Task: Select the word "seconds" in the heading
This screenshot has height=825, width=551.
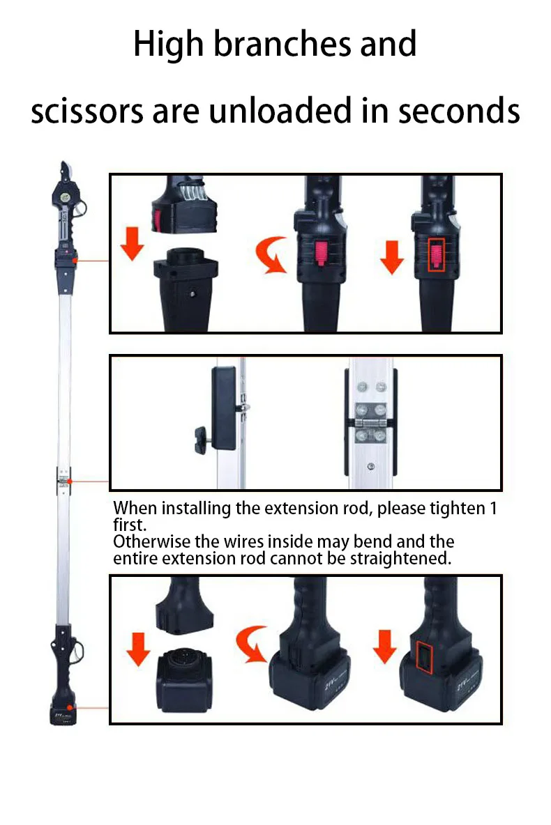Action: pyautogui.click(x=459, y=111)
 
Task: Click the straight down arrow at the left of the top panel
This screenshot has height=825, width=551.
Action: pyautogui.click(x=132, y=243)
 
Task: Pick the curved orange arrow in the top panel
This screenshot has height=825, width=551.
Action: pyautogui.click(x=271, y=255)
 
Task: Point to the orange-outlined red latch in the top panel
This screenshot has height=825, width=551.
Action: pyautogui.click(x=437, y=255)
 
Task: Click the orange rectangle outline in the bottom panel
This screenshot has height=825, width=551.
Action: pyautogui.click(x=423, y=658)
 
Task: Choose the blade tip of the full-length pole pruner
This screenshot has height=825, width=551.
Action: pyautogui.click(x=63, y=163)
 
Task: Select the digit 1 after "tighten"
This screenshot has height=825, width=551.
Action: pyautogui.click(x=493, y=509)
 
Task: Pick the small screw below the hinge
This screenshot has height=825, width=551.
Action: pyautogui.click(x=371, y=466)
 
